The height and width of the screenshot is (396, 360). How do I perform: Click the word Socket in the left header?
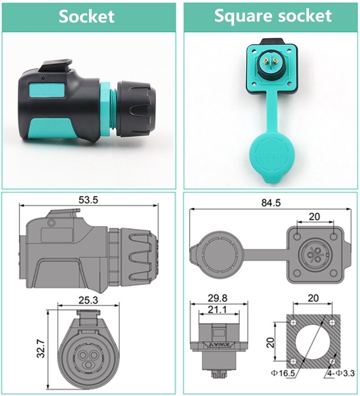click(x=87, y=17)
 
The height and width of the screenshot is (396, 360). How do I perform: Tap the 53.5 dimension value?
click(x=88, y=199)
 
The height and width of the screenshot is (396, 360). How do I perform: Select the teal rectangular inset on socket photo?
click(x=54, y=90)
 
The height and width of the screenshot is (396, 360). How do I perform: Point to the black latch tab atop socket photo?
click(x=56, y=66)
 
